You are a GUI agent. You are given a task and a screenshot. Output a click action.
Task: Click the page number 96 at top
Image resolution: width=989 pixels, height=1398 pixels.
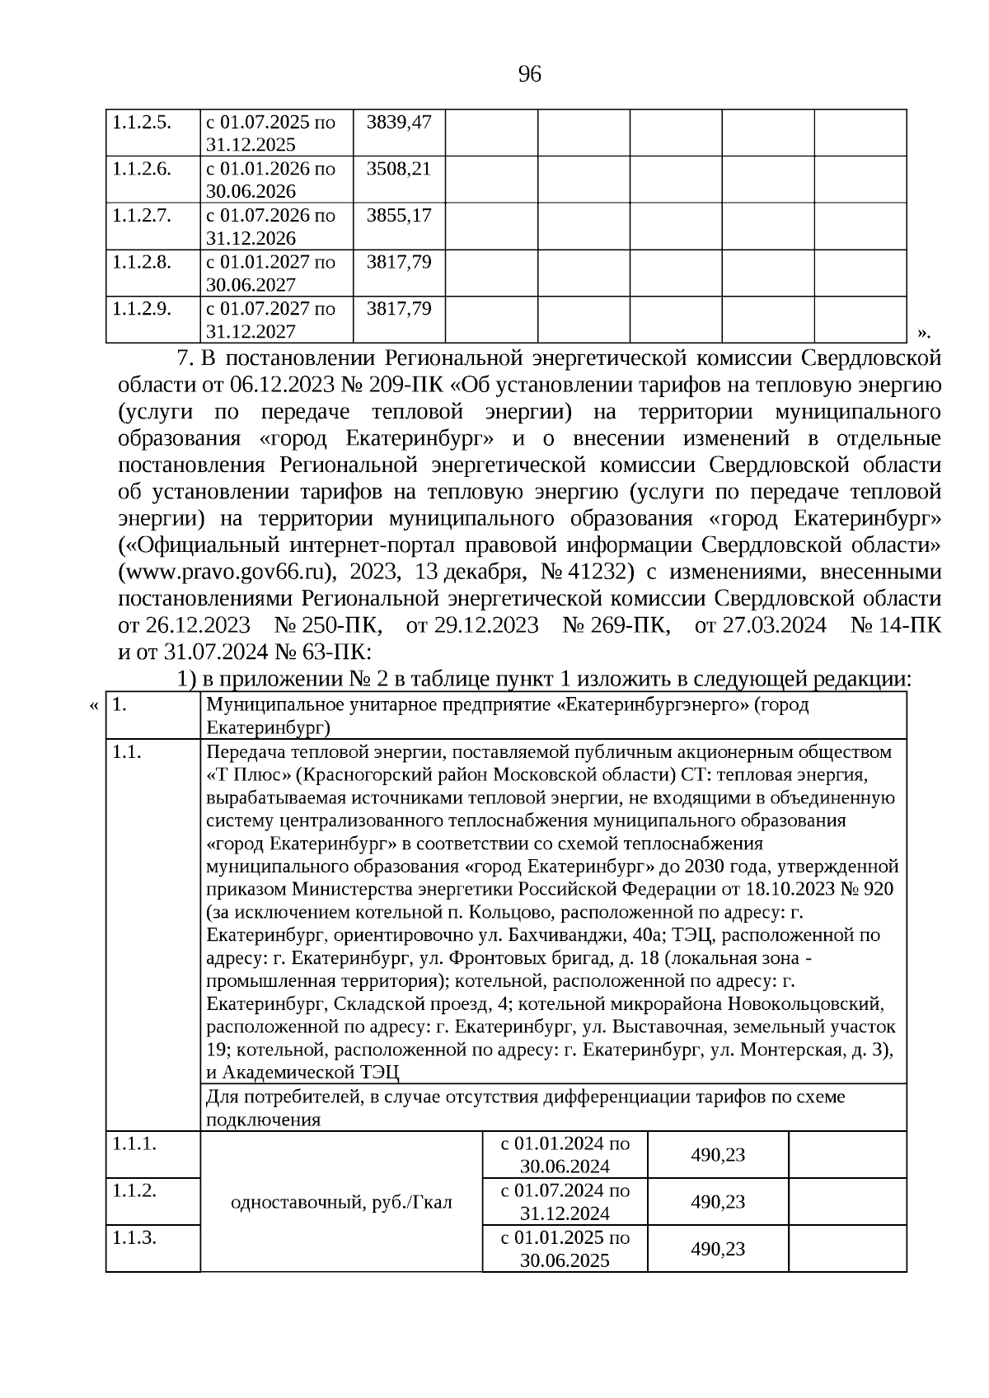[529, 75]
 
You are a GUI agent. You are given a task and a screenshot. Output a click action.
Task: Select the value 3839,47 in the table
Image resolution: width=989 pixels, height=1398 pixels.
[399, 122]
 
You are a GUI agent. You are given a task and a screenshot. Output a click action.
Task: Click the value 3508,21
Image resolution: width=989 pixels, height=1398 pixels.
[399, 169]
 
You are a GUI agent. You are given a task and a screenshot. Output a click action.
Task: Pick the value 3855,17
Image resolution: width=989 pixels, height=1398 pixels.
[399, 215]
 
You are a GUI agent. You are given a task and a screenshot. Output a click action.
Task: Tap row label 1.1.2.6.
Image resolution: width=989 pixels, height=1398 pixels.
[142, 169]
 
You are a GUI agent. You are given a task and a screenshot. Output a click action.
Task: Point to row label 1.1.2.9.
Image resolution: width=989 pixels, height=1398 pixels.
[142, 308]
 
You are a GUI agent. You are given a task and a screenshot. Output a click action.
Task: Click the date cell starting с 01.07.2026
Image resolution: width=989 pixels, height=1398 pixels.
[271, 227]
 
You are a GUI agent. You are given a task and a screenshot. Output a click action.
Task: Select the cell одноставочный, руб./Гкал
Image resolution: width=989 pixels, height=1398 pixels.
[341, 1202]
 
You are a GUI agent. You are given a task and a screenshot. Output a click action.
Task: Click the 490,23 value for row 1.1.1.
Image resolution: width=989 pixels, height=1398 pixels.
[718, 1155]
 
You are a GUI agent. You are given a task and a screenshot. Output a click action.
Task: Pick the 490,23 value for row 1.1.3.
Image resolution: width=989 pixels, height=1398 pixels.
[718, 1249]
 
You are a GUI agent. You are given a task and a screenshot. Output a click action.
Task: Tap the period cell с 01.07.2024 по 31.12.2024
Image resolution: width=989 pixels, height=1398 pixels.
[565, 1202]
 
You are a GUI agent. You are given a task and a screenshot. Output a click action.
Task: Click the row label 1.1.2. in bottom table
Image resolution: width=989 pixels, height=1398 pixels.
[134, 1190]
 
